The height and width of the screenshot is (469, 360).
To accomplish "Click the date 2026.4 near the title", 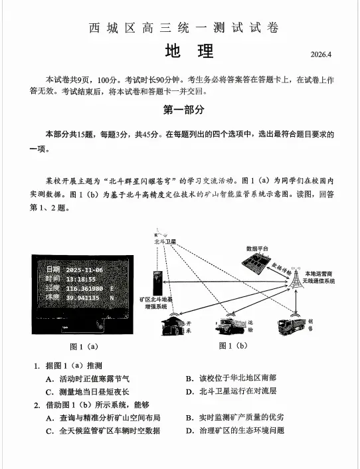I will tap(324, 54).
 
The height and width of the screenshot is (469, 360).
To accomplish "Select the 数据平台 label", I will tap(257, 248).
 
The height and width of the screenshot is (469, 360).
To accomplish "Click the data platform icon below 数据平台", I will tap(255, 262).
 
